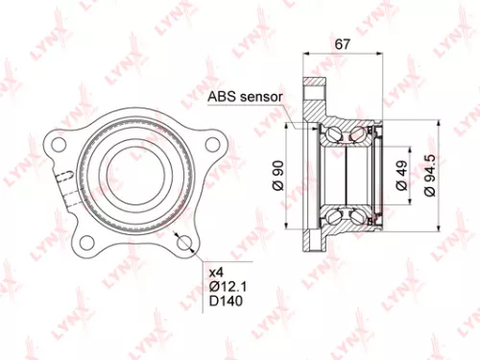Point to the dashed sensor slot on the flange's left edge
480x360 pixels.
(x=63, y=181)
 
